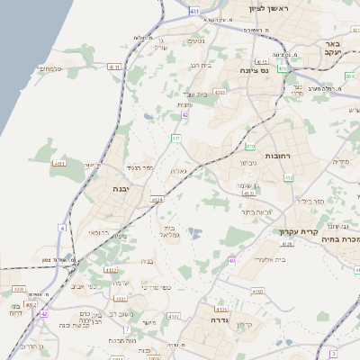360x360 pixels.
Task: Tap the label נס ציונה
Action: [256, 69]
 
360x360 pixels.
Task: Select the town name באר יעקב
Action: [334, 48]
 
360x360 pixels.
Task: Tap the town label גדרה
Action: [220, 319]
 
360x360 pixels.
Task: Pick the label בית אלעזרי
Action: [267, 258]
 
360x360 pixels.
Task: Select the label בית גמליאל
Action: [169, 231]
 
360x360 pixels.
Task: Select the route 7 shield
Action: [128, 329]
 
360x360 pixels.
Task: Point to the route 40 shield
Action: [232, 261]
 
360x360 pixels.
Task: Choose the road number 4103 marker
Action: [258, 292]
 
